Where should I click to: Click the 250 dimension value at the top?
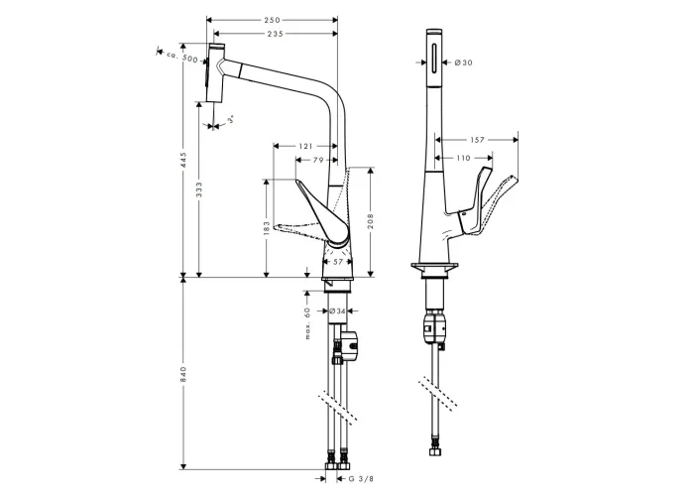(273, 20)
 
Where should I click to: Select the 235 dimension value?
(275, 34)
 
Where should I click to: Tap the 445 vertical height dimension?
(184, 160)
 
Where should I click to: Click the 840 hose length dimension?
(184, 375)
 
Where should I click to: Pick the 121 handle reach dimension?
(305, 146)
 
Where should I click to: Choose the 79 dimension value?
(318, 161)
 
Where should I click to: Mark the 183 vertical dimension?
(267, 228)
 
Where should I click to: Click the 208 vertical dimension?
(371, 221)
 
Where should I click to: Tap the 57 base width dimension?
(338, 262)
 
